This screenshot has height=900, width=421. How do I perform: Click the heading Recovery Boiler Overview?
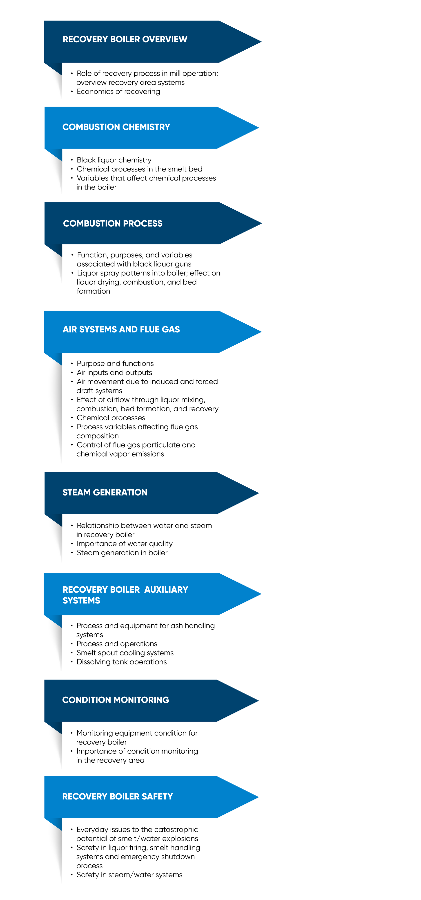(125, 39)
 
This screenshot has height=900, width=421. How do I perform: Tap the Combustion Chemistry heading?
(116, 127)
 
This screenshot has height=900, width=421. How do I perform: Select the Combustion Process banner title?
(113, 223)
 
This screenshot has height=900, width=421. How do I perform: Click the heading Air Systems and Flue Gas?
(121, 329)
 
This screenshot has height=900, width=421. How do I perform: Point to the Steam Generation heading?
(105, 492)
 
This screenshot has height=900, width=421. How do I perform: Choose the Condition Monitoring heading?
(116, 700)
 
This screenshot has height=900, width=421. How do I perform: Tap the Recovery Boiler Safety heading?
(118, 796)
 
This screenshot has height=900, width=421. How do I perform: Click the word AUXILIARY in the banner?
(166, 589)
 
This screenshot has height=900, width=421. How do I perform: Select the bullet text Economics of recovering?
(118, 92)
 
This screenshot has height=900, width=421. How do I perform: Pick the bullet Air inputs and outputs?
(114, 372)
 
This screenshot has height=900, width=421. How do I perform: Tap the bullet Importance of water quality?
(125, 544)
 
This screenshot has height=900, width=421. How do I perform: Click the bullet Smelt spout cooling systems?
(125, 653)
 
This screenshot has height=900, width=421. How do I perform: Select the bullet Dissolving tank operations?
(121, 662)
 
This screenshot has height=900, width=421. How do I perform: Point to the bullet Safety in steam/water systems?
(129, 875)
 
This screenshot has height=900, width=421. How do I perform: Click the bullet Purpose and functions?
(115, 363)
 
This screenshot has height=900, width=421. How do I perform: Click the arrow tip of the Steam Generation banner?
(259, 493)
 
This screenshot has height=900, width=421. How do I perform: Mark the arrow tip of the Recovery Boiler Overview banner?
(261, 42)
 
